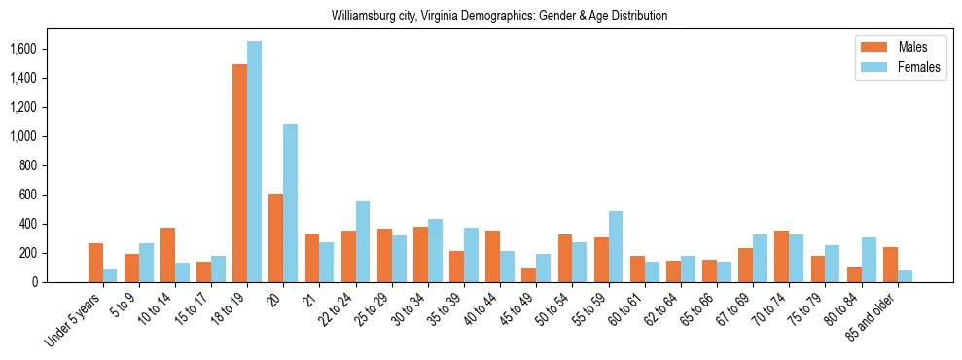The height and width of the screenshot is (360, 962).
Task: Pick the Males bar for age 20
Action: point(275,238)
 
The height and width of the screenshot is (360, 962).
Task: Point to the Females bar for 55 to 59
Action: point(615,247)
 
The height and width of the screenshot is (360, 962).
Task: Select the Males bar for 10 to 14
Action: point(167,255)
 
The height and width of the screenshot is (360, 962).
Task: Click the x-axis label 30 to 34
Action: point(410,308)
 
